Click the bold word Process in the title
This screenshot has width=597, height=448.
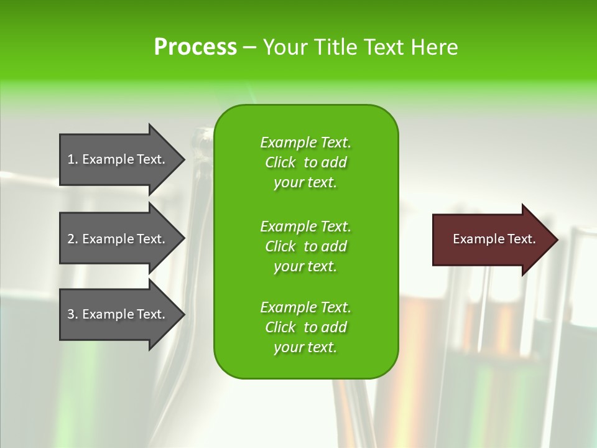pos(195,47)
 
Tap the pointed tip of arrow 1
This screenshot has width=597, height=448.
pos(183,159)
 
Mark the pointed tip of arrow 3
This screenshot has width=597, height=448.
pos(183,314)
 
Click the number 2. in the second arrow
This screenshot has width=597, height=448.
pos(73,239)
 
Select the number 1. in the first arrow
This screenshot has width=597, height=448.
pos(73,159)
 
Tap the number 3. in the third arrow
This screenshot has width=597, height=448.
pos(73,314)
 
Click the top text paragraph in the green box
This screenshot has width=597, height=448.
pos(305,162)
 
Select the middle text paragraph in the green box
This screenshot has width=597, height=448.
pos(305,246)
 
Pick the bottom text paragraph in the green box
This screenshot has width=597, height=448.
pos(305,327)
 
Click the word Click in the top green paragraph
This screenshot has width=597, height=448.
pos(280,162)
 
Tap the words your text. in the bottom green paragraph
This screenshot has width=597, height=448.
pos(305,347)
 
